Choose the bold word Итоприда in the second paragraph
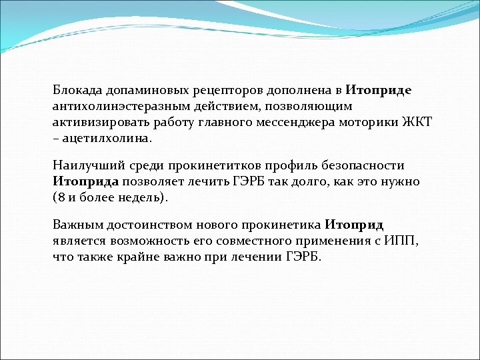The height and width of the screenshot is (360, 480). (x=86, y=181)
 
